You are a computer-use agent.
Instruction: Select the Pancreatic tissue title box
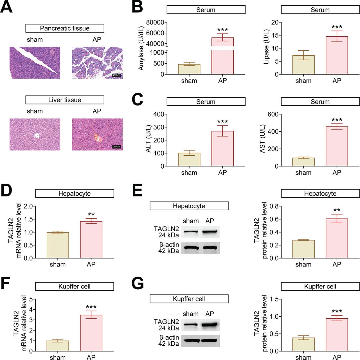(65, 28)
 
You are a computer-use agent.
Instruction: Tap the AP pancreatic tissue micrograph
(97, 63)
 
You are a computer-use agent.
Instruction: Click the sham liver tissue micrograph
(35, 134)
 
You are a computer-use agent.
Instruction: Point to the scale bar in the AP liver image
(116, 147)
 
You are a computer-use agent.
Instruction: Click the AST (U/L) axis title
(262, 138)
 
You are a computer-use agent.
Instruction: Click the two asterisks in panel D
(91, 215)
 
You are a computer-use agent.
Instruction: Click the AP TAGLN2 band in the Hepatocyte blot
(210, 232)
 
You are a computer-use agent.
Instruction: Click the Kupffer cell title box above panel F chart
(75, 286)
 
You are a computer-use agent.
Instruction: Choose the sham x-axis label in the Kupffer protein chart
(303, 357)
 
